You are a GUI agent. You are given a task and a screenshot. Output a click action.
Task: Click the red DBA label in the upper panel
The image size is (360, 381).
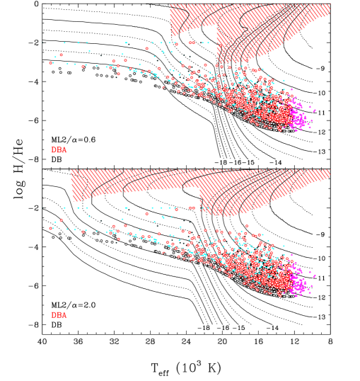tap(59, 150)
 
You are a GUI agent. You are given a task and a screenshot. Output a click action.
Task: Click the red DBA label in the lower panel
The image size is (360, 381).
tap(59, 315)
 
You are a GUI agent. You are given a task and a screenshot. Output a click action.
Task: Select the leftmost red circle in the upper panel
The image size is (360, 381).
tap(51, 63)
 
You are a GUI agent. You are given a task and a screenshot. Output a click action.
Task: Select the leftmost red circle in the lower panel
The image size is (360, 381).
tap(51, 228)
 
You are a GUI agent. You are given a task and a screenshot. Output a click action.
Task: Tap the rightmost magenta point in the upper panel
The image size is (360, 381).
tap(315, 110)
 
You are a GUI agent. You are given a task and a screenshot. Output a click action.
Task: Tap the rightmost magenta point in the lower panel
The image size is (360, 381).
tap(315, 275)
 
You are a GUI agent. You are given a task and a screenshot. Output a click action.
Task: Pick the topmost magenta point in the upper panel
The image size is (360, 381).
tap(291, 89)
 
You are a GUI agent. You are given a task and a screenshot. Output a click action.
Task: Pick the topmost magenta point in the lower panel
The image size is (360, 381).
tap(291, 254)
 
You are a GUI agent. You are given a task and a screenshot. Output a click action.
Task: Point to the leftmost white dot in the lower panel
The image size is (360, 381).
tap(53, 237)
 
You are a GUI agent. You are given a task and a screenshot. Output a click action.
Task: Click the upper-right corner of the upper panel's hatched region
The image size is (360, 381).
tap(330, 4)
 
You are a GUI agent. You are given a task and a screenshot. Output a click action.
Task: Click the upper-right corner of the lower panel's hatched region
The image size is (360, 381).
tap(330, 170)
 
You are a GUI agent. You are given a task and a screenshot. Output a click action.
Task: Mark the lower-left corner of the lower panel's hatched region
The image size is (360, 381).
tap(72, 200)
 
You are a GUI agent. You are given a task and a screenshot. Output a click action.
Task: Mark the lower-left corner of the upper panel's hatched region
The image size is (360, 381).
tap(170, 35)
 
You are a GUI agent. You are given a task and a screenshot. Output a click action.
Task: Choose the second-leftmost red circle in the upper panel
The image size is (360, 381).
tap(61, 55)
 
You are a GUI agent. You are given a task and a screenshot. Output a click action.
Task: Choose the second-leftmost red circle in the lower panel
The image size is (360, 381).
tap(61, 220)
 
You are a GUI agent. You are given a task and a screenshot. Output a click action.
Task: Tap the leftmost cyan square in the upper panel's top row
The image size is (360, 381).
tap(64, 42)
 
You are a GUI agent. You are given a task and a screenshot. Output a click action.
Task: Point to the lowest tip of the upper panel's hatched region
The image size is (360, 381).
tap(225, 62)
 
